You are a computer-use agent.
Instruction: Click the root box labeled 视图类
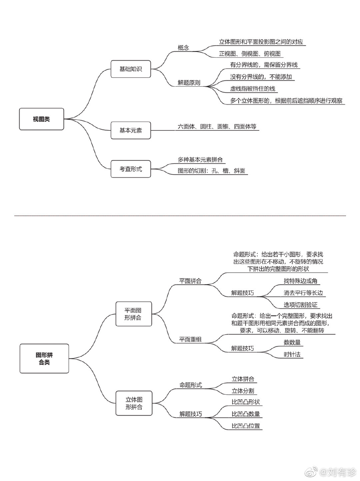click(41, 119)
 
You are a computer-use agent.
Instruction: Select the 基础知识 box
click(131, 69)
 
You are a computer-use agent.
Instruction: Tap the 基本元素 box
click(131, 130)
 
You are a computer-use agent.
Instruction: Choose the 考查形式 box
click(131, 169)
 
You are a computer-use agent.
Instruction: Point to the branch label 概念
click(183, 48)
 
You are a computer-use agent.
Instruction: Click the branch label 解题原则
click(189, 83)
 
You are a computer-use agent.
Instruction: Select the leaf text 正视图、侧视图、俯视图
click(250, 54)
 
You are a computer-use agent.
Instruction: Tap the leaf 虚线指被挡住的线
click(253, 89)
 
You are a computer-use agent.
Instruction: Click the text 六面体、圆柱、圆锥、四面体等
click(217, 127)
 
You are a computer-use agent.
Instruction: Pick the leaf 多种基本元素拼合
click(200, 160)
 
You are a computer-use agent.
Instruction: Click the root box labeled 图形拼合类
click(44, 359)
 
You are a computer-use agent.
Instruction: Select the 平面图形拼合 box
click(134, 314)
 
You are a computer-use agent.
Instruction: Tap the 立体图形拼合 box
click(134, 403)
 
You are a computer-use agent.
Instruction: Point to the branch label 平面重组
click(190, 339)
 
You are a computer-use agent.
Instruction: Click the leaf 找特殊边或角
click(300, 281)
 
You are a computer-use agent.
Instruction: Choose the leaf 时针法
click(292, 354)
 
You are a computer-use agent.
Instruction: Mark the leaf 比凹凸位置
click(246, 426)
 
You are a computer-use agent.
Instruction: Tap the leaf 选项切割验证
click(300, 305)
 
